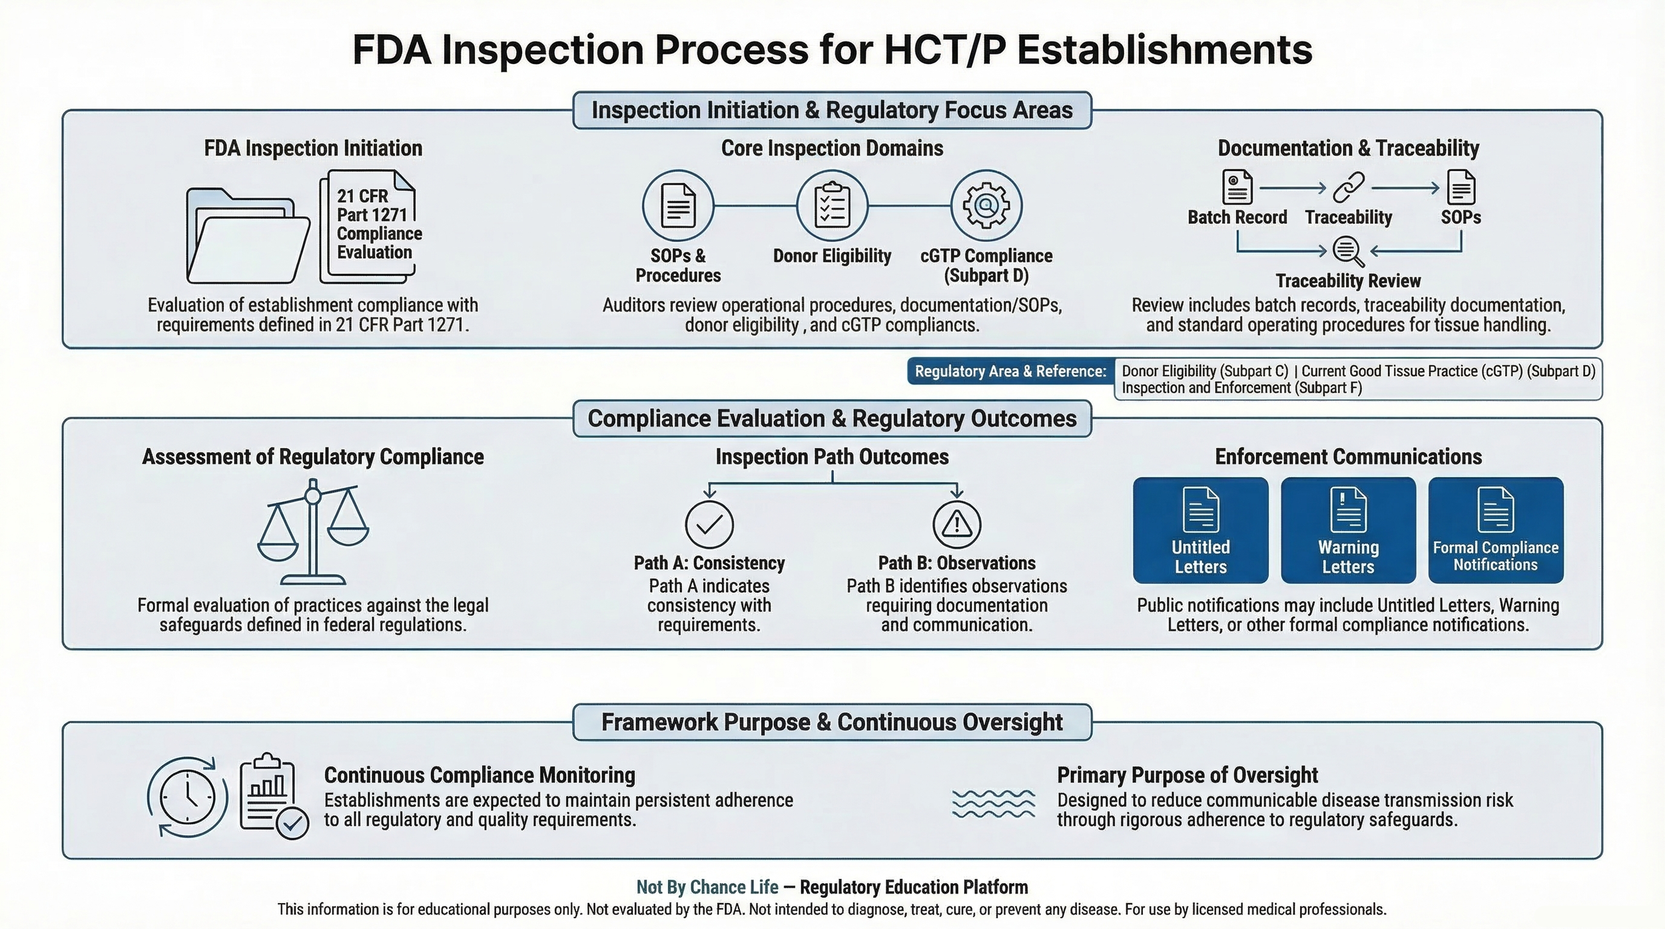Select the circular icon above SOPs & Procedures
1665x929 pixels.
pos(678,206)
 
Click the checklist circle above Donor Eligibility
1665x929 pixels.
pos(832,206)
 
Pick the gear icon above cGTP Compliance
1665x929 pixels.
pos(986,206)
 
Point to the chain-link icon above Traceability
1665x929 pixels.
pos(1349,188)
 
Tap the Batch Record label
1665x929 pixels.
pos(1237,218)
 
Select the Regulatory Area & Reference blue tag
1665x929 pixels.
pos(1010,372)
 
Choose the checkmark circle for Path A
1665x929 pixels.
pos(709,525)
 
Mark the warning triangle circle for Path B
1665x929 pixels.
pos(957,525)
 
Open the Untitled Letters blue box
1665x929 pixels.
pos(1201,531)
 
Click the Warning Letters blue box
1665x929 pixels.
pos(1349,531)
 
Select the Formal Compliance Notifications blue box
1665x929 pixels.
pos(1496,531)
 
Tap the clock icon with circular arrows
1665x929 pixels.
pos(188,797)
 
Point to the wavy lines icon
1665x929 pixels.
pos(994,804)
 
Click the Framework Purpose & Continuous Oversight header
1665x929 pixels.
pos(832,723)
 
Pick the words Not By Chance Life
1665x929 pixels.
pos(707,888)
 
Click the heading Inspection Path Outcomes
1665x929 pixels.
pos(832,457)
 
